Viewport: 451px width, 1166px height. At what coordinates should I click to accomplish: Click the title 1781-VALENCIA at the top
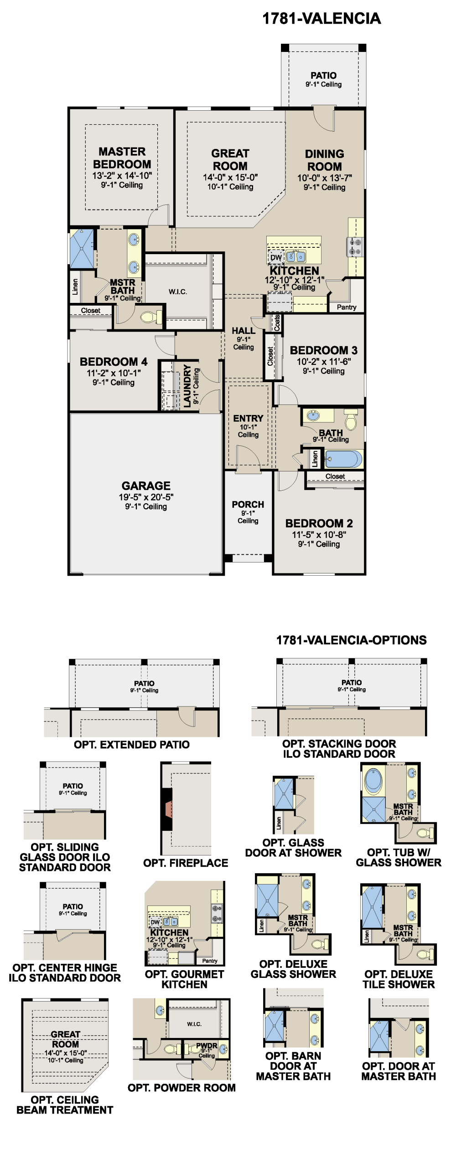pyautogui.click(x=321, y=19)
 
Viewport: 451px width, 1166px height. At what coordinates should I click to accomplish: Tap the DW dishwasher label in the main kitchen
pyautogui.click(x=276, y=257)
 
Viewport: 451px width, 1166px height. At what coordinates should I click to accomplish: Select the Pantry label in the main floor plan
pyautogui.click(x=347, y=307)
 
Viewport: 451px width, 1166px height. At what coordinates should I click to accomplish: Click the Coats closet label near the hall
pyautogui.click(x=277, y=323)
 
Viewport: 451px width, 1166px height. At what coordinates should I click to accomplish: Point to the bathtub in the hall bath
pyautogui.click(x=343, y=459)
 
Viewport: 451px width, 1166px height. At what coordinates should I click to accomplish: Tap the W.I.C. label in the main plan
pyautogui.click(x=178, y=291)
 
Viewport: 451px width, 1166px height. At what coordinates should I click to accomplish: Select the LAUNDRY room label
pyautogui.click(x=187, y=385)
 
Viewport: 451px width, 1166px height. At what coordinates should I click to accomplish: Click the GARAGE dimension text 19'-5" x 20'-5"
pyautogui.click(x=146, y=497)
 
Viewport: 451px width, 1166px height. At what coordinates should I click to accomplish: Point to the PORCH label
pyautogui.click(x=248, y=505)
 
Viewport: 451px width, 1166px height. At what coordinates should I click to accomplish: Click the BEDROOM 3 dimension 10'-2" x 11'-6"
pyautogui.click(x=324, y=362)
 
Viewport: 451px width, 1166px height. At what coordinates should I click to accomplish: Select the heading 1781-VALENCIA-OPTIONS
pyautogui.click(x=352, y=640)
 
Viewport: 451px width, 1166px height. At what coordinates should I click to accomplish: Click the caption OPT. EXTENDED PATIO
pyautogui.click(x=132, y=745)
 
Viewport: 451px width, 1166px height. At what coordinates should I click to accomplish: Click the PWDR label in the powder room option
pyautogui.click(x=207, y=1046)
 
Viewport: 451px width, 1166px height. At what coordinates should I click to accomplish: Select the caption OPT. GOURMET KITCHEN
pyautogui.click(x=185, y=979)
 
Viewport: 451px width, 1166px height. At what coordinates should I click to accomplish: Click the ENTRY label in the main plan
pyautogui.click(x=248, y=418)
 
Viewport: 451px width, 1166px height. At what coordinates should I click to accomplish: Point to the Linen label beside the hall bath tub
pyautogui.click(x=315, y=459)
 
